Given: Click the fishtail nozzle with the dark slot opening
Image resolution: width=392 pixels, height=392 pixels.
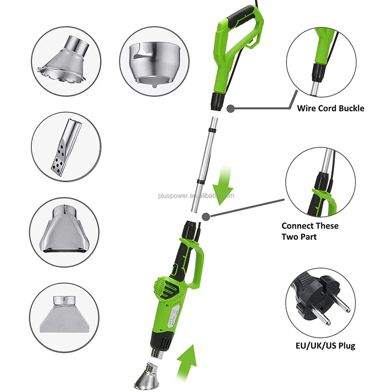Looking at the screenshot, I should [64, 233].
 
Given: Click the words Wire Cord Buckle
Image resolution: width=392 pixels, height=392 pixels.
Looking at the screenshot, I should [331, 108].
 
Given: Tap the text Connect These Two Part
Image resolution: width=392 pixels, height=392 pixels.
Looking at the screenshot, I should [310, 231].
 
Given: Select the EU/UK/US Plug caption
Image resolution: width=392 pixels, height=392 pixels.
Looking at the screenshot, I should [325, 345].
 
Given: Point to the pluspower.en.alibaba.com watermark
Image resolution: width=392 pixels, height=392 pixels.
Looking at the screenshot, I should [196, 196].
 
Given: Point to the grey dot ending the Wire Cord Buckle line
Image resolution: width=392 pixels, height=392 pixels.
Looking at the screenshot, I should [230, 108].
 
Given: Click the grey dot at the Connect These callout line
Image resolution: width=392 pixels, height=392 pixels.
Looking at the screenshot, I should [206, 216].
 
